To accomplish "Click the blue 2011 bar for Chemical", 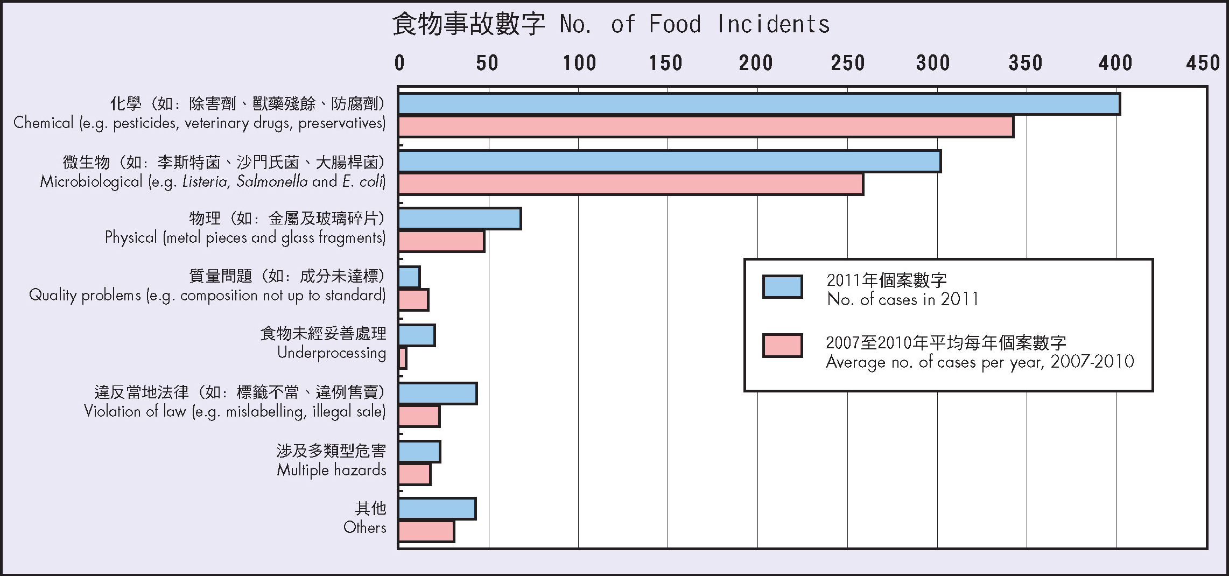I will [x=759, y=104].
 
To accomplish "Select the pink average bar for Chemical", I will [x=706, y=127].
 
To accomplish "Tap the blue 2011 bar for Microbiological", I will [x=670, y=161].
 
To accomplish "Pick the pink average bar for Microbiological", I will [x=631, y=184].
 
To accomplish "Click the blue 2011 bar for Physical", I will [x=460, y=219].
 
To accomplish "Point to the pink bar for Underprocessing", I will [x=403, y=359].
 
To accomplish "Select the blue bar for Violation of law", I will [x=438, y=394].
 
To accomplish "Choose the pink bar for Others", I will [x=426, y=532].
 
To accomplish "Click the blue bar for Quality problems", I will [x=409, y=277].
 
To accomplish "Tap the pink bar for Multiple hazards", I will [x=415, y=474].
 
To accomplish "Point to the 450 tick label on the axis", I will [x=1203, y=64].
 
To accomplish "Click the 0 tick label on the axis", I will [x=399, y=64].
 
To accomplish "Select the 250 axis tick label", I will [x=847, y=64].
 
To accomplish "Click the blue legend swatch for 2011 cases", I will [x=782, y=287].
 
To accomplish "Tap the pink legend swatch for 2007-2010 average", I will [x=782, y=346].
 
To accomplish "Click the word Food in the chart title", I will [x=675, y=24].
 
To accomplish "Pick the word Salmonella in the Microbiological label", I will [x=272, y=181].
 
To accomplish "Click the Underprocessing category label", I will [x=332, y=353].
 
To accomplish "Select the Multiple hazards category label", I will [x=332, y=470].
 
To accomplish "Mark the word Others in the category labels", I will [x=365, y=528].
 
